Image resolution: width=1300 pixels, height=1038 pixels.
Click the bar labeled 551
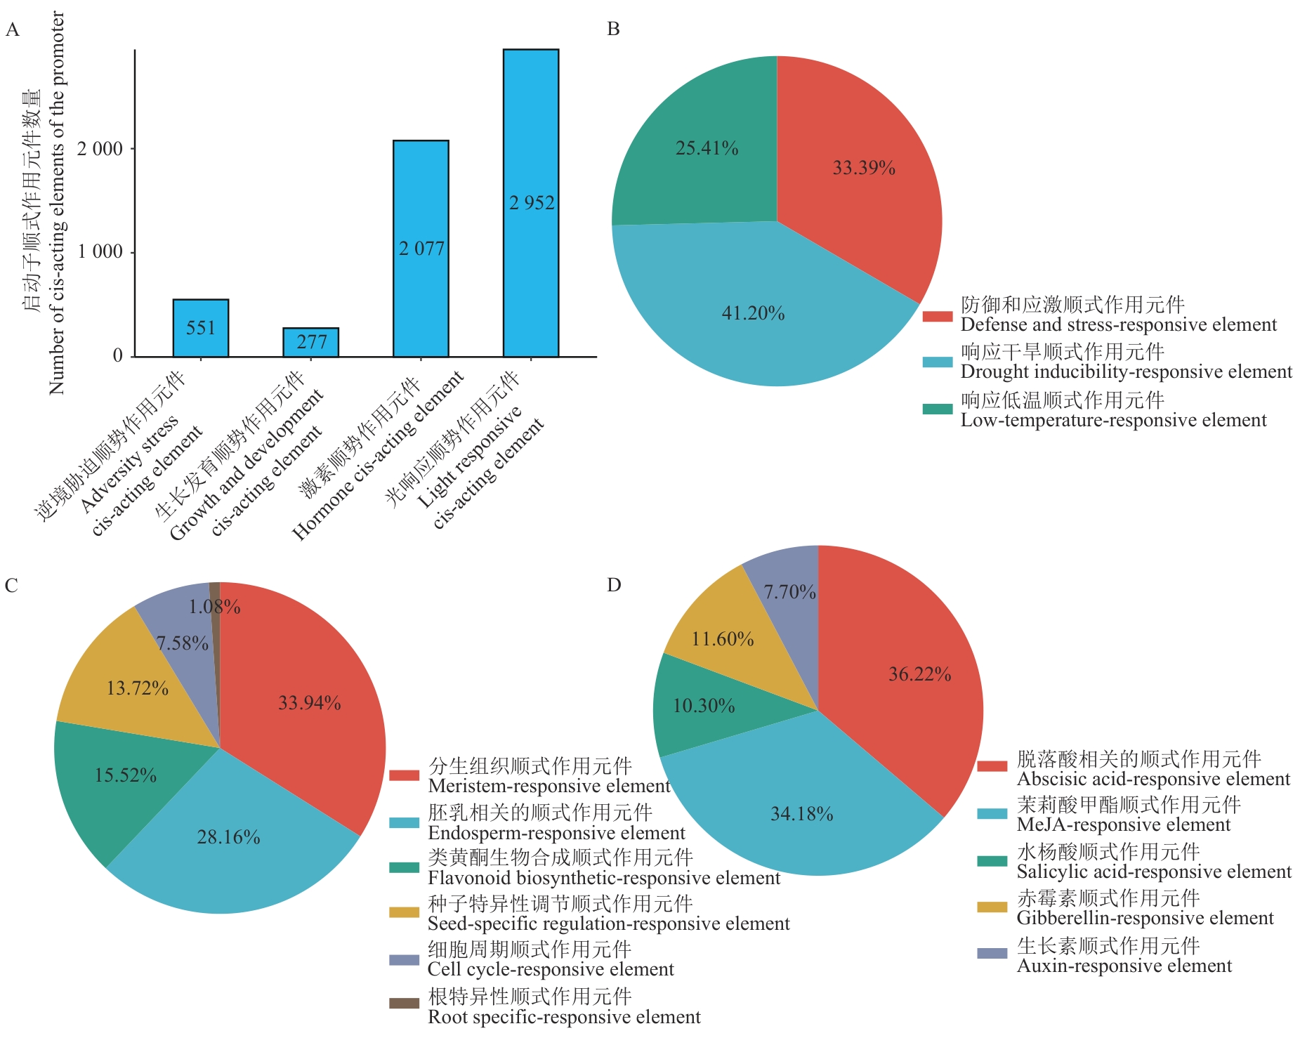click(x=201, y=328)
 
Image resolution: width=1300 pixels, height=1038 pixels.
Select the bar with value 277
click(x=310, y=342)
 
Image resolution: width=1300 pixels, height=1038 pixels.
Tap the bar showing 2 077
click(x=421, y=248)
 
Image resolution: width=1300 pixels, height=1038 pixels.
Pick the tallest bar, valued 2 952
click(x=531, y=202)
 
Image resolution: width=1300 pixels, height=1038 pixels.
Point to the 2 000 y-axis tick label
click(x=100, y=149)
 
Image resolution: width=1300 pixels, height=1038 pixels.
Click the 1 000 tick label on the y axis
click(x=100, y=251)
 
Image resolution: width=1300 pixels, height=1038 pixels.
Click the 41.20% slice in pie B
click(x=754, y=313)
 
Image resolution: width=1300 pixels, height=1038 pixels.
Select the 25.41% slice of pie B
click(x=707, y=148)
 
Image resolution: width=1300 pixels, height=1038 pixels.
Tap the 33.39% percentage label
click(x=864, y=168)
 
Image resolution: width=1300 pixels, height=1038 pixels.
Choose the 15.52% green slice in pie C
click(x=125, y=775)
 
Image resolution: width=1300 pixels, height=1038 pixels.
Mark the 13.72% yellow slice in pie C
click(x=137, y=688)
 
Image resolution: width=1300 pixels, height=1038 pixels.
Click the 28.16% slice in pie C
click(x=228, y=837)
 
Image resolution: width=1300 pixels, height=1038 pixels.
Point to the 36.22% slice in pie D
click(x=919, y=674)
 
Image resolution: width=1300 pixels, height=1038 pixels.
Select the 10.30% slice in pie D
click(x=704, y=706)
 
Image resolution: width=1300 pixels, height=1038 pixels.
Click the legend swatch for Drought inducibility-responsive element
click(x=937, y=362)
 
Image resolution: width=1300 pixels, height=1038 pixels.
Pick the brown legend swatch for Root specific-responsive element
click(x=404, y=1003)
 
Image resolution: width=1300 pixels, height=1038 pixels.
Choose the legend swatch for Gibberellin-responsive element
click(x=992, y=907)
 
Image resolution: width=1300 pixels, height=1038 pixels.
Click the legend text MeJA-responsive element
click(x=1124, y=825)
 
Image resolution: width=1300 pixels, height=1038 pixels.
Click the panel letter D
click(x=614, y=585)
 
